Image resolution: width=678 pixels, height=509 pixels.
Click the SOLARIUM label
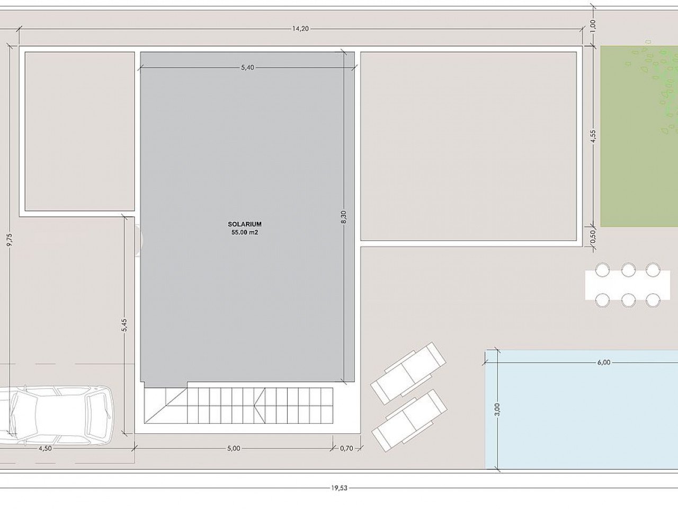(245, 224)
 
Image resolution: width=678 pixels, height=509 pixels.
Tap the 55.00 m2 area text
(245, 232)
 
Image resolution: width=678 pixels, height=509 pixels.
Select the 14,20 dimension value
(300, 29)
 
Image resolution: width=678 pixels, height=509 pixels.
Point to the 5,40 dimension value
(247, 67)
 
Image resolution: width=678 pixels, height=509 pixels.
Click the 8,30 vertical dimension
(344, 217)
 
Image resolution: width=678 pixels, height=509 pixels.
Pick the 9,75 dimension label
(10, 240)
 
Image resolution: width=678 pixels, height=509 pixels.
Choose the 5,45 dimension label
(124, 325)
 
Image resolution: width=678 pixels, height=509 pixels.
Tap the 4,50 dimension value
(45, 449)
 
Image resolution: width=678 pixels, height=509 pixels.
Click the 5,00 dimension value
(234, 449)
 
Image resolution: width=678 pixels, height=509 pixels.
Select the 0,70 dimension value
(346, 449)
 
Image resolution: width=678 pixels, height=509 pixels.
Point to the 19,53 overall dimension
(339, 488)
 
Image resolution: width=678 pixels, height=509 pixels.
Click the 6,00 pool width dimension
(603, 363)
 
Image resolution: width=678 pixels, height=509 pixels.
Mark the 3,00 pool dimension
(497, 409)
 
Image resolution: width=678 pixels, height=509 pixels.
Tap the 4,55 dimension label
(593, 136)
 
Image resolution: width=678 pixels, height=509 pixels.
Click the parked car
(55, 415)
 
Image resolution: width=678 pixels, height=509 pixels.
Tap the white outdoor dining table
(628, 285)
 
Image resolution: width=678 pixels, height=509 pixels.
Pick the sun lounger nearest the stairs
(408, 373)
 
